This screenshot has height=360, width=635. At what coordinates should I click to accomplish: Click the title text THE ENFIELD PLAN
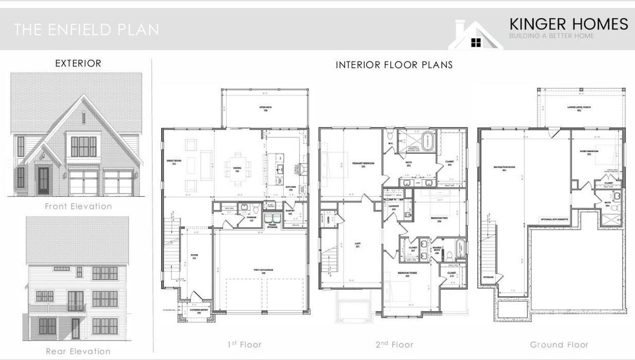pos(87,29)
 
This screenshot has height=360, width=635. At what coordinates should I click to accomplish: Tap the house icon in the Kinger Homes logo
pos(475,36)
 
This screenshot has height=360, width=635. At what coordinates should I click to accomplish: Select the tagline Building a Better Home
pos(551,36)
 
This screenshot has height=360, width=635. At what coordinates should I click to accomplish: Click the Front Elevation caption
pos(78,206)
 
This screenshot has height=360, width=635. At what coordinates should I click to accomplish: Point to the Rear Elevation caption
pos(78,351)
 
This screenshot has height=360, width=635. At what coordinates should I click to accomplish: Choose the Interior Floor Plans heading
pos(394,65)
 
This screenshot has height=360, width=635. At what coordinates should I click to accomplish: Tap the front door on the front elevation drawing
pos(44,180)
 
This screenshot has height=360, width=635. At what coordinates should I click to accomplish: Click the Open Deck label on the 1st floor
pos(265,109)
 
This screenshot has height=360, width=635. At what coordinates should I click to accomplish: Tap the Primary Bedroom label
pos(364,165)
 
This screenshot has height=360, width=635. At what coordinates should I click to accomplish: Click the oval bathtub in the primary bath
pos(428,141)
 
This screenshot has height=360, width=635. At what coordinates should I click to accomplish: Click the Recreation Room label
pos(505,168)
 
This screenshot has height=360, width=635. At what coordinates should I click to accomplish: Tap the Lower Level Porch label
pos(578,109)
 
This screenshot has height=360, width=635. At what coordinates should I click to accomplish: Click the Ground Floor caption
pos(559,345)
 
